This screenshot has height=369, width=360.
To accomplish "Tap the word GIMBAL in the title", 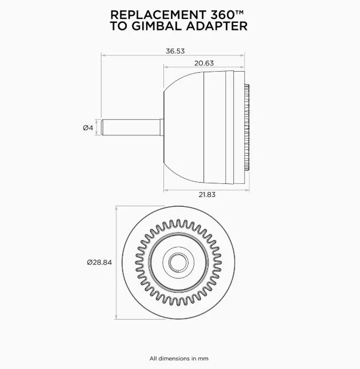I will tap(166, 26).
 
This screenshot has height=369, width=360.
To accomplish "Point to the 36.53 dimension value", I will tap(175, 51).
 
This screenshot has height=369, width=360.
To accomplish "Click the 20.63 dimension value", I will tap(204, 64).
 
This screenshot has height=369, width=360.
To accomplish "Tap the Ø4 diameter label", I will tap(88, 127).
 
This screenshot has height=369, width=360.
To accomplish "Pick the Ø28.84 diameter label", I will tap(99, 262).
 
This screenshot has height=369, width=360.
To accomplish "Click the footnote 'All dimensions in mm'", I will tap(179, 358).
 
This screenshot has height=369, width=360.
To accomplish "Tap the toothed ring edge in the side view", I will tap(248, 127).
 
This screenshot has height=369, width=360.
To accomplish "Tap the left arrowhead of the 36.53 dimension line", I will tap(103, 56).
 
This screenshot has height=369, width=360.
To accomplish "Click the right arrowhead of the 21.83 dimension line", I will tap(247, 189).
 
